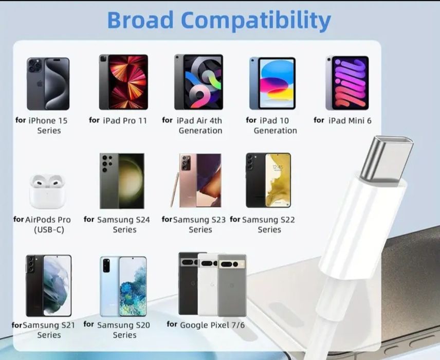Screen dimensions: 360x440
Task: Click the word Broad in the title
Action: pos(139,20)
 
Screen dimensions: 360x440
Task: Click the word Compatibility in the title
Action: pos(256,20)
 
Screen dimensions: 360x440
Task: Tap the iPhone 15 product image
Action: pos(48,83)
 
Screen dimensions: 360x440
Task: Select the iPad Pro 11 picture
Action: pos(123,82)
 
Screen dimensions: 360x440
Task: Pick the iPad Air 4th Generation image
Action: pos(198,82)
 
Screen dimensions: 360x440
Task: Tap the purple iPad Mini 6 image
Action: pos(346,83)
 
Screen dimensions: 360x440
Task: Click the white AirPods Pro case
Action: pos(47,190)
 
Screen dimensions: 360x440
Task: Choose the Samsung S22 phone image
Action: pos(268,180)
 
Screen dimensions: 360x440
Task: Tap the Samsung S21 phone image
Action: pos(48,285)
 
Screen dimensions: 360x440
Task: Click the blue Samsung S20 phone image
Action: pos(123,285)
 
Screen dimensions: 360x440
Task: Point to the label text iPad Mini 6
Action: pos(350,121)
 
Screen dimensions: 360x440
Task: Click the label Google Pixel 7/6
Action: pos(205,325)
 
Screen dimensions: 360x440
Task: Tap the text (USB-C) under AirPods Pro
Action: pos(49,230)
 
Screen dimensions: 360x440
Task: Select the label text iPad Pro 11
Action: pos(124,121)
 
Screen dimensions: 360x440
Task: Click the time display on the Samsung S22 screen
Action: pos(278,167)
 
